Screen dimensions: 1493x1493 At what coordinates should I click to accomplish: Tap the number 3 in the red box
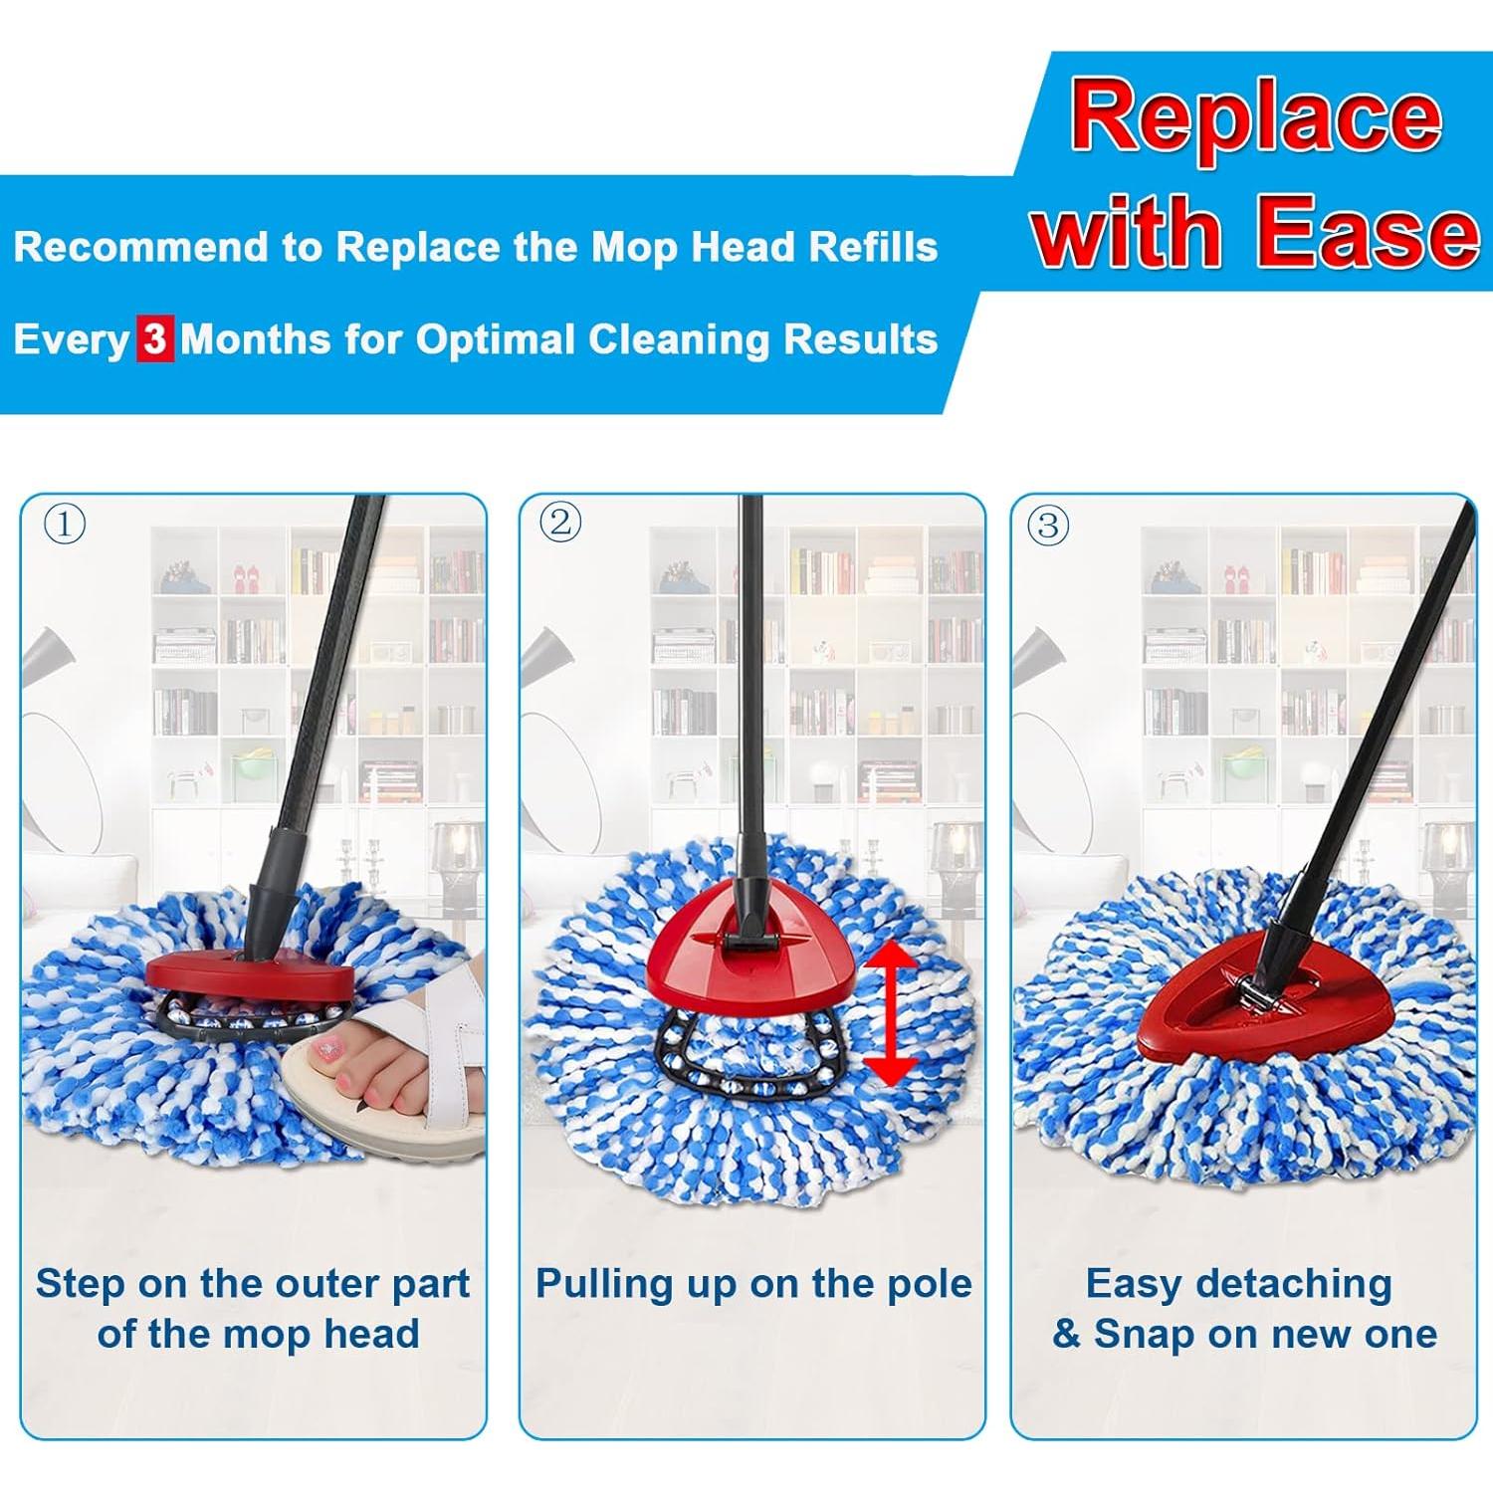click(x=154, y=339)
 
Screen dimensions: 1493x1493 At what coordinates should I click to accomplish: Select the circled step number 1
click(x=65, y=524)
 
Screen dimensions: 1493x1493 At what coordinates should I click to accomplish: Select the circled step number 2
click(x=560, y=523)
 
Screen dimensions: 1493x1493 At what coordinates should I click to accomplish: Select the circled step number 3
click(x=1047, y=525)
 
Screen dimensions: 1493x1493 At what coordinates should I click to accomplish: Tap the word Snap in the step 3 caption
click(x=1145, y=1334)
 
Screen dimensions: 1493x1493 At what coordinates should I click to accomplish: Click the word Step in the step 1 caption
click(x=80, y=1284)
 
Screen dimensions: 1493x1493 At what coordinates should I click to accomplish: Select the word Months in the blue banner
click(x=256, y=339)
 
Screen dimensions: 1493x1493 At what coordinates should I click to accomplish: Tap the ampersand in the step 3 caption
click(x=1066, y=1334)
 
